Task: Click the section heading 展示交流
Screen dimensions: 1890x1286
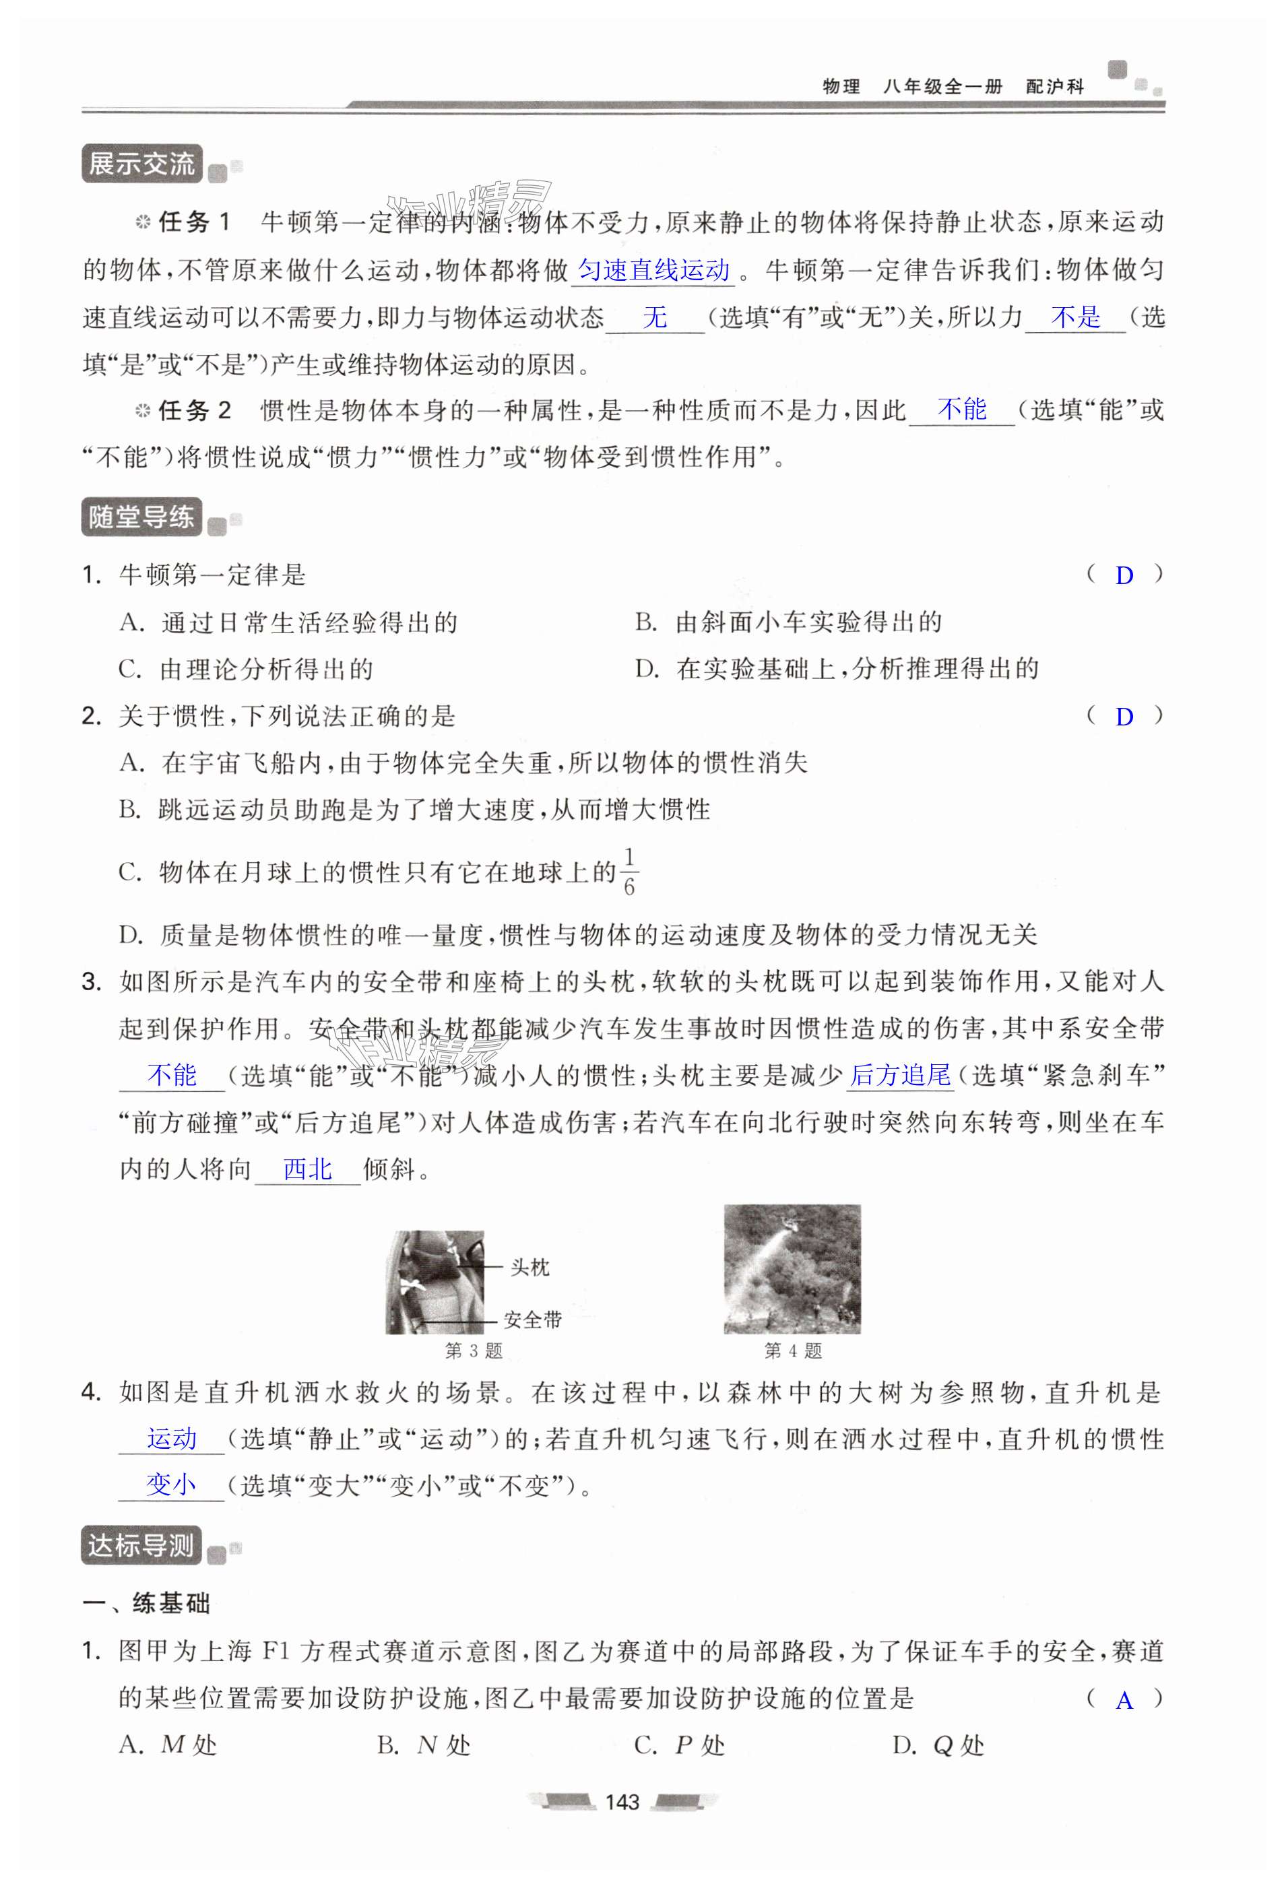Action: click(x=141, y=164)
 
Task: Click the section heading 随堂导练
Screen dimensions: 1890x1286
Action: click(x=141, y=517)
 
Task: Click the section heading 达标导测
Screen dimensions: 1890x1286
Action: click(x=141, y=1545)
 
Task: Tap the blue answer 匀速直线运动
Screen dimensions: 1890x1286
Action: click(x=654, y=270)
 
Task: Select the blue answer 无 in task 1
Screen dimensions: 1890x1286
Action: click(x=655, y=317)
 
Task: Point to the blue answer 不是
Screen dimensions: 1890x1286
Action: click(x=1075, y=317)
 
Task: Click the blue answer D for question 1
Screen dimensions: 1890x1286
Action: click(x=1124, y=576)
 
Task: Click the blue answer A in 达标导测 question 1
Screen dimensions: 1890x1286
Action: click(x=1124, y=1701)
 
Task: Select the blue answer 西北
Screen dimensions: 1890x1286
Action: click(x=307, y=1169)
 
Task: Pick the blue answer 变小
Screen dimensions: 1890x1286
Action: click(x=171, y=1485)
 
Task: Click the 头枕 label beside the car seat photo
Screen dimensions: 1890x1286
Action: click(x=529, y=1267)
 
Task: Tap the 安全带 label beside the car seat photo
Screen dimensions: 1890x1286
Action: click(x=533, y=1319)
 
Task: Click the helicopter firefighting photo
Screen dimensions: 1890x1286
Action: click(x=792, y=1269)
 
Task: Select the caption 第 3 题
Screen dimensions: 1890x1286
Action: click(x=474, y=1350)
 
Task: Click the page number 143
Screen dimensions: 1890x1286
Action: click(x=622, y=1802)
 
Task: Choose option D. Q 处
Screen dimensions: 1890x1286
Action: click(x=938, y=1745)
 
